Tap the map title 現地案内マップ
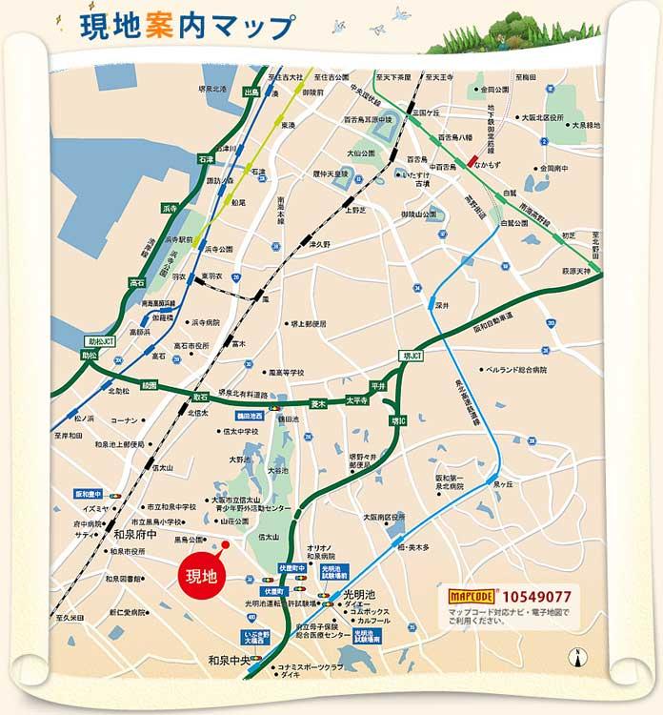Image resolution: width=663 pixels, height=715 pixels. point(176,26)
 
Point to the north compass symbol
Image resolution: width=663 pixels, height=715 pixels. point(573,656)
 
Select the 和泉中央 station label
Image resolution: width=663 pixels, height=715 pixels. point(228,659)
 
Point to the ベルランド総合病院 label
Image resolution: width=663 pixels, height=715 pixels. point(515,368)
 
